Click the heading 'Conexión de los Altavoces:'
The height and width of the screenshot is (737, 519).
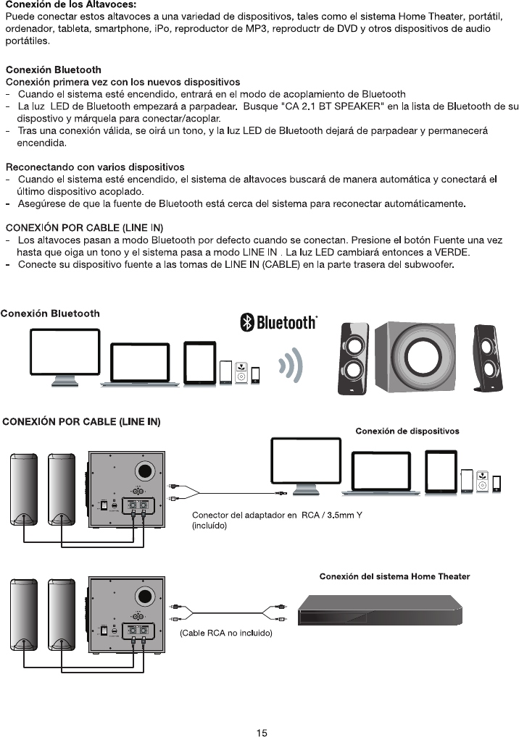tap(70, 5)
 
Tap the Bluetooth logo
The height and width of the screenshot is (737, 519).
tap(279, 322)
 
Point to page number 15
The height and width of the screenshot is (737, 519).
tap(262, 733)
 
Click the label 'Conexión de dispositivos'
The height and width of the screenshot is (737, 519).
tap(407, 431)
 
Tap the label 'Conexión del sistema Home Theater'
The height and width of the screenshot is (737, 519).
tap(394, 577)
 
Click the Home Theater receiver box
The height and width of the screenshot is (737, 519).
tap(381, 611)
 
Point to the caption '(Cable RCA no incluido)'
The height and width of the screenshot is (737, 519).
tap(225, 633)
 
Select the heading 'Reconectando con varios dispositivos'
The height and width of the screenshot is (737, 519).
tap(95, 167)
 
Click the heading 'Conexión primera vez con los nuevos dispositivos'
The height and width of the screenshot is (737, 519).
tap(123, 82)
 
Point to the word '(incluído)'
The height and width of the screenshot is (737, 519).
tap(209, 526)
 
